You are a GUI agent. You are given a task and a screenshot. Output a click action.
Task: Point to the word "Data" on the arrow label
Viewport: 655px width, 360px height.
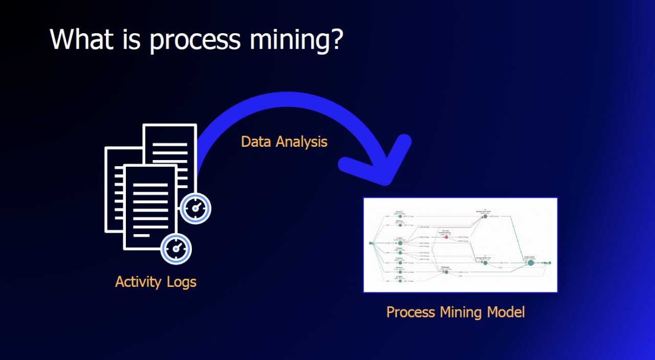(x=256, y=142)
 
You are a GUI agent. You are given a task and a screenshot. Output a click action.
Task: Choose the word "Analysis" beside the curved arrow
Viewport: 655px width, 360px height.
(x=301, y=142)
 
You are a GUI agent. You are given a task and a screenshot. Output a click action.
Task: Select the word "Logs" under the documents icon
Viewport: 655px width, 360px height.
(x=181, y=282)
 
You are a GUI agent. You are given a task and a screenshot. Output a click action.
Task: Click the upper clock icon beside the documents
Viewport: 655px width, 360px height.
(x=196, y=209)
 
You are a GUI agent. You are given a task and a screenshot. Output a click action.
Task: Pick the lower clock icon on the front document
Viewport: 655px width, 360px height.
(x=176, y=249)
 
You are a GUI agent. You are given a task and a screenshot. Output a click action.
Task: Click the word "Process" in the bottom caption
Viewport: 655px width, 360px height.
(x=409, y=312)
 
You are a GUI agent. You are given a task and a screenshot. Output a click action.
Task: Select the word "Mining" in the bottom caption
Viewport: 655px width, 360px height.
(x=456, y=312)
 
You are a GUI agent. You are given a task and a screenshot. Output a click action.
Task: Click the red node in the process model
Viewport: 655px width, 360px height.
(x=446, y=237)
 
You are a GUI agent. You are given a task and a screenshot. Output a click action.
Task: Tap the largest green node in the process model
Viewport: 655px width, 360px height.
(x=531, y=263)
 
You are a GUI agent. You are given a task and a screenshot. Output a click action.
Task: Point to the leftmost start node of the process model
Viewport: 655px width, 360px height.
(x=371, y=243)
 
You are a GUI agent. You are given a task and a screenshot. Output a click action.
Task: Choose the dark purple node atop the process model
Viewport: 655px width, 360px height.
(x=485, y=216)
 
